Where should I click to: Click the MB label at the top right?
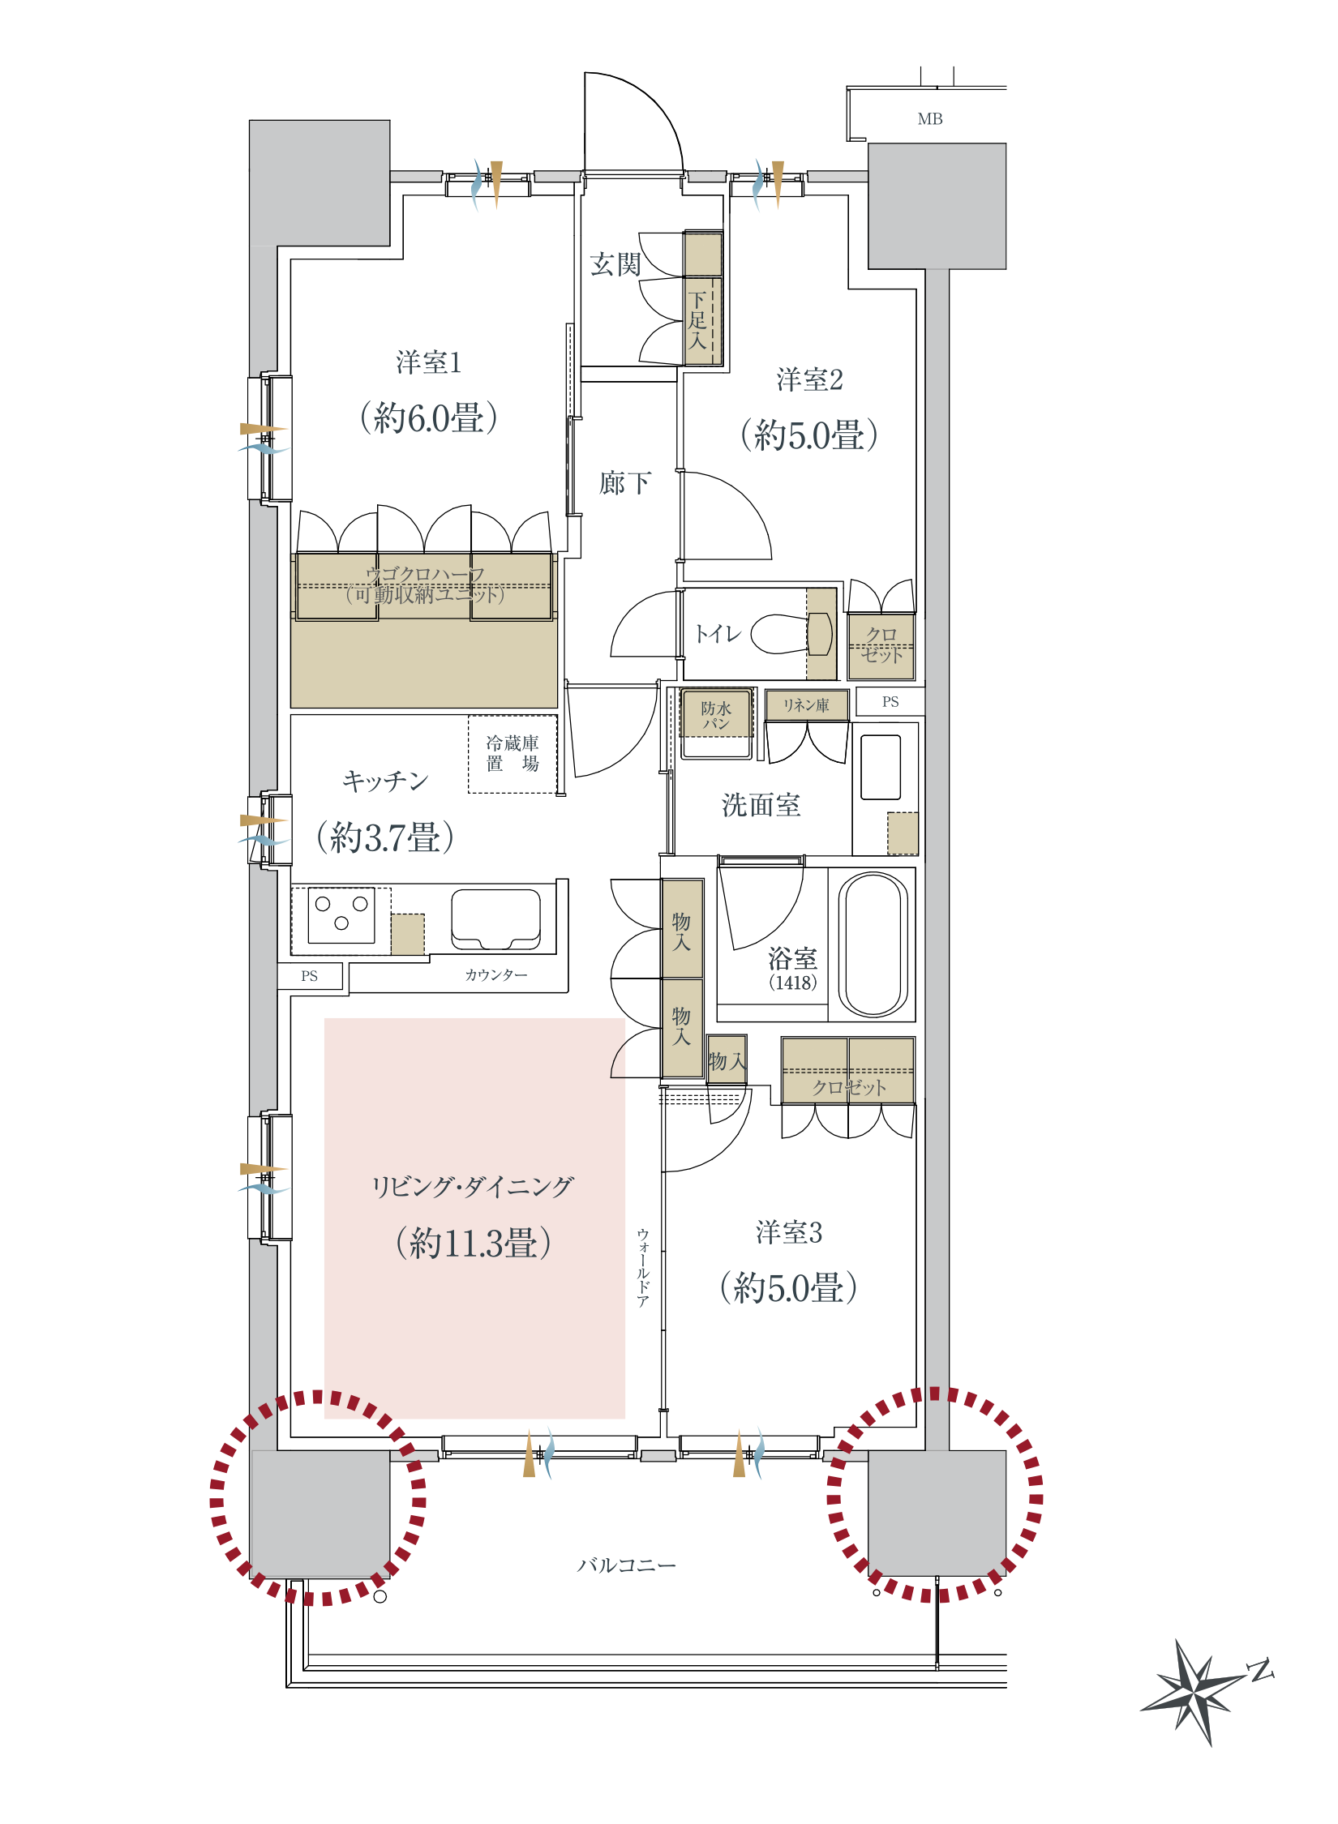click(x=930, y=119)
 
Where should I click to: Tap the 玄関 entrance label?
click(x=615, y=264)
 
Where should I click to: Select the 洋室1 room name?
click(x=429, y=362)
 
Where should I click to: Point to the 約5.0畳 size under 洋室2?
click(x=809, y=435)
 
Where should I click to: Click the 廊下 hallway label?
click(x=624, y=483)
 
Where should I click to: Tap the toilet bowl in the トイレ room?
click(x=791, y=633)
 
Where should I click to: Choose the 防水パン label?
click(x=716, y=715)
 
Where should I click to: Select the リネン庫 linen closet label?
click(x=806, y=705)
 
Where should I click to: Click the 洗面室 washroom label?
click(x=761, y=805)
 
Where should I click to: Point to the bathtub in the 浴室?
click(x=873, y=944)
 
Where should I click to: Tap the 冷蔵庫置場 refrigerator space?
click(x=512, y=754)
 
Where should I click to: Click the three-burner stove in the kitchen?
click(x=341, y=915)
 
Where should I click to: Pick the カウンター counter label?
click(x=496, y=974)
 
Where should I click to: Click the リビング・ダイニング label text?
click(x=473, y=1187)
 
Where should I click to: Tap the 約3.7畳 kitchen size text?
click(x=385, y=837)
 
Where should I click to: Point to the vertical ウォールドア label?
click(x=643, y=1268)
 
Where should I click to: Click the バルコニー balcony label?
click(x=626, y=1565)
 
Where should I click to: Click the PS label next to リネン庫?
click(x=890, y=702)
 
